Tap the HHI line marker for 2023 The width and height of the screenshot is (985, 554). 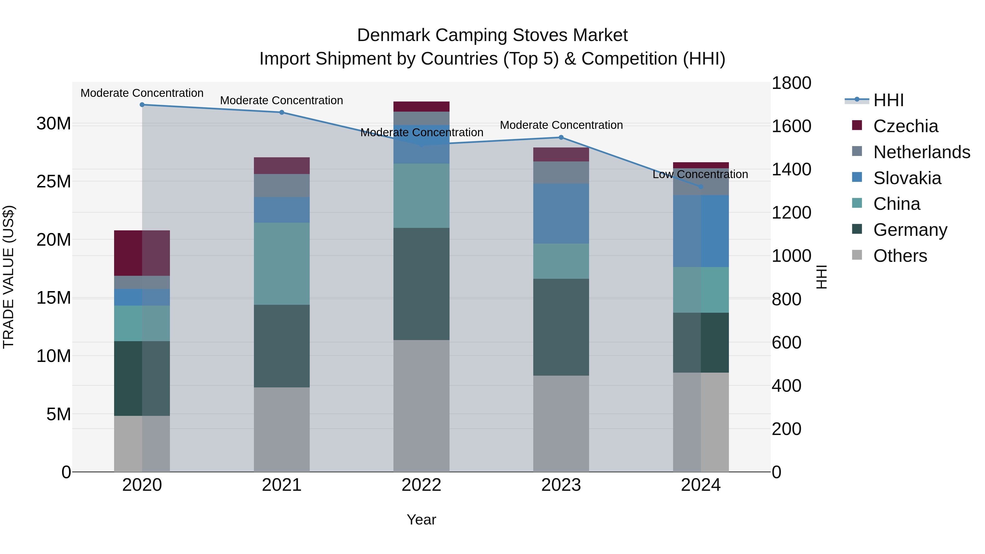tap(561, 137)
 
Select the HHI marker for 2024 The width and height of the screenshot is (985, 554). tap(700, 187)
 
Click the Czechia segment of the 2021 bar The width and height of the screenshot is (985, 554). tap(282, 166)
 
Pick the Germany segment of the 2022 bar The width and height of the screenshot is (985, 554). tap(421, 284)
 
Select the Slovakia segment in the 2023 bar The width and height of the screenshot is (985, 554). tap(561, 213)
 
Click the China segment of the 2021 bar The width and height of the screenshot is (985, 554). tap(282, 263)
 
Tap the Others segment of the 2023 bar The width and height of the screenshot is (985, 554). tap(561, 423)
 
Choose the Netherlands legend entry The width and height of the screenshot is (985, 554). tap(922, 152)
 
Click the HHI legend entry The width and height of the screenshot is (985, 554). tap(888, 100)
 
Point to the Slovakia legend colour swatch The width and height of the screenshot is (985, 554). tap(857, 177)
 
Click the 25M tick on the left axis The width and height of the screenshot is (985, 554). tap(54, 182)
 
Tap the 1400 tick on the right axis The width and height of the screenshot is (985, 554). tap(791, 169)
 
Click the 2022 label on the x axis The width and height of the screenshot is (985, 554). tap(421, 485)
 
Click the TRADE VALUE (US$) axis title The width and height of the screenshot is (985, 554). tap(8, 277)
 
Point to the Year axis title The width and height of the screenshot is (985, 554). tap(421, 520)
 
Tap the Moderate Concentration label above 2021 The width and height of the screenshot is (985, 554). tap(282, 101)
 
